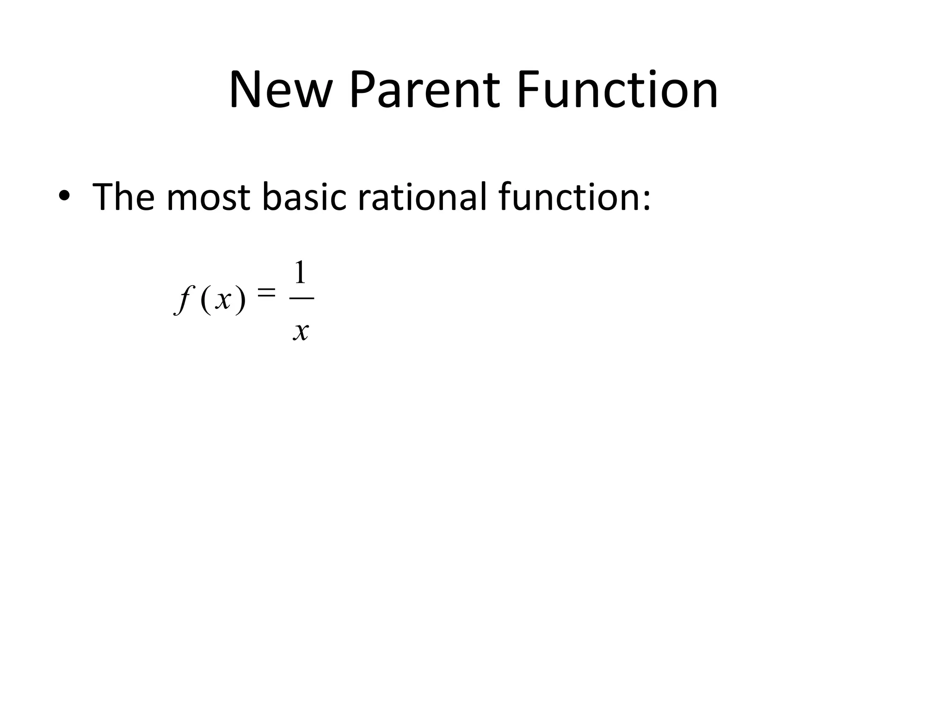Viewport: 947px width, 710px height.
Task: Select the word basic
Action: (304, 197)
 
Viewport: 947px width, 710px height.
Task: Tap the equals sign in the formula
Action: (266, 292)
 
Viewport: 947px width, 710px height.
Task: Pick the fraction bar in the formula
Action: (301, 298)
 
